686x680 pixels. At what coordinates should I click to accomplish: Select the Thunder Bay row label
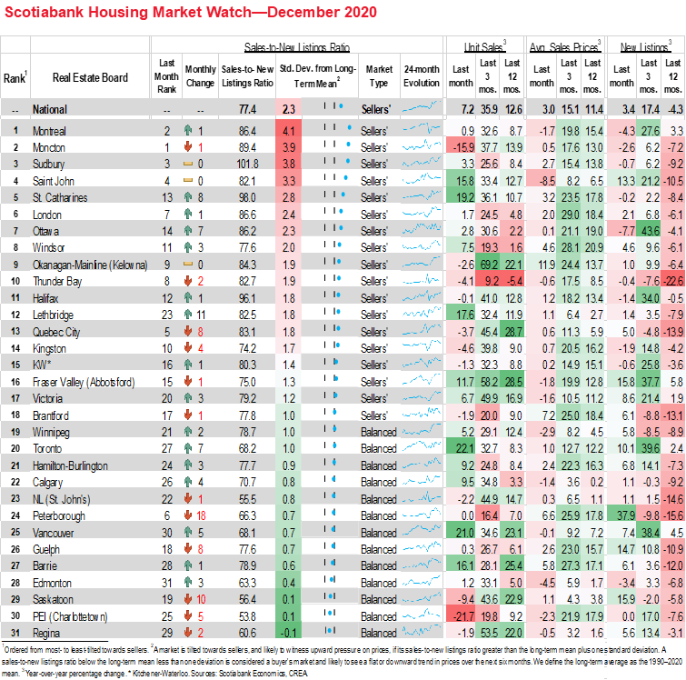[56, 281]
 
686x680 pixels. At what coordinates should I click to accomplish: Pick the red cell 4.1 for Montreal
[288, 131]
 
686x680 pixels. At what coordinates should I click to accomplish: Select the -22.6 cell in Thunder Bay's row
[673, 281]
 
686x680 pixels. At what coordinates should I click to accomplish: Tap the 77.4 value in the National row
[246, 109]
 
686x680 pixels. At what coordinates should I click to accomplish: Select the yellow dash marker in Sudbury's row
[189, 165]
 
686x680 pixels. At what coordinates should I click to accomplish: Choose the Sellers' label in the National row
[375, 109]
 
